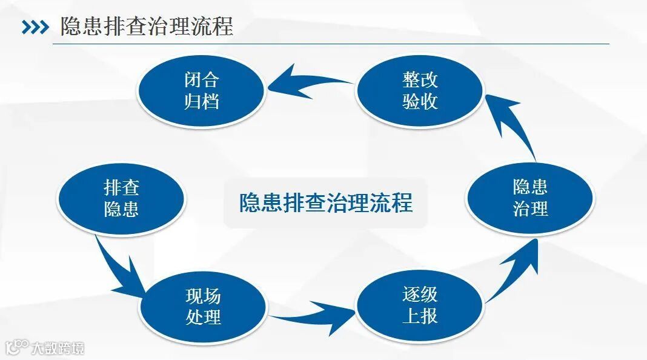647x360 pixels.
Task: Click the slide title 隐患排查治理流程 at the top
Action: coord(147,27)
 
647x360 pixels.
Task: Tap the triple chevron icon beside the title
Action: coord(35,28)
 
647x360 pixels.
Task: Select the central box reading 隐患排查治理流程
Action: coord(326,202)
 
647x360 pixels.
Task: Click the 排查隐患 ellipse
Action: coord(121,198)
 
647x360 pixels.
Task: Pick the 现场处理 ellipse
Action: coord(203,307)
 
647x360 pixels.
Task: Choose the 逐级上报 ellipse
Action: coord(419,305)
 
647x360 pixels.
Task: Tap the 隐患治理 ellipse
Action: coord(530,198)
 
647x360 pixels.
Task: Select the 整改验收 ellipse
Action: coord(419,90)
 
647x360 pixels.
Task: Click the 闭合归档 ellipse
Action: coord(201,90)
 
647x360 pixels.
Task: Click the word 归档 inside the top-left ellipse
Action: coord(201,101)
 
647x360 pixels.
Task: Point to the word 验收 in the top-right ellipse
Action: coord(419,101)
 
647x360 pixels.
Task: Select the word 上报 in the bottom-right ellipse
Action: coord(419,316)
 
